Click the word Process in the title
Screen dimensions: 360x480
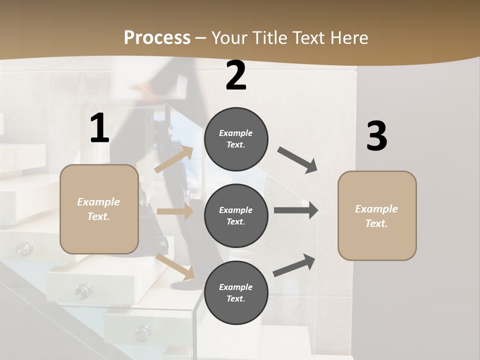coord(157,38)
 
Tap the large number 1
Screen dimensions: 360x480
coord(99,128)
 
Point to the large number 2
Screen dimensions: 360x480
coord(236,75)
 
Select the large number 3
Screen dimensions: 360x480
coord(376,136)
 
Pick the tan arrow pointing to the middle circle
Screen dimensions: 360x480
coord(175,211)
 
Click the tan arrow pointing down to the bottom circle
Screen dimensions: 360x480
coord(175,266)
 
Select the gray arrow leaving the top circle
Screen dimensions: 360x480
coord(297,160)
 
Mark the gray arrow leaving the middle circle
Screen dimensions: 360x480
coord(295,210)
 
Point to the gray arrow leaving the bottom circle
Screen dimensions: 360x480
coord(294,265)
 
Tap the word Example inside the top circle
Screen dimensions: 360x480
coord(236,133)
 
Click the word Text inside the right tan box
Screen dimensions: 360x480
coord(376,223)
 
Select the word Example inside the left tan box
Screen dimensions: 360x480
coord(98,202)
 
